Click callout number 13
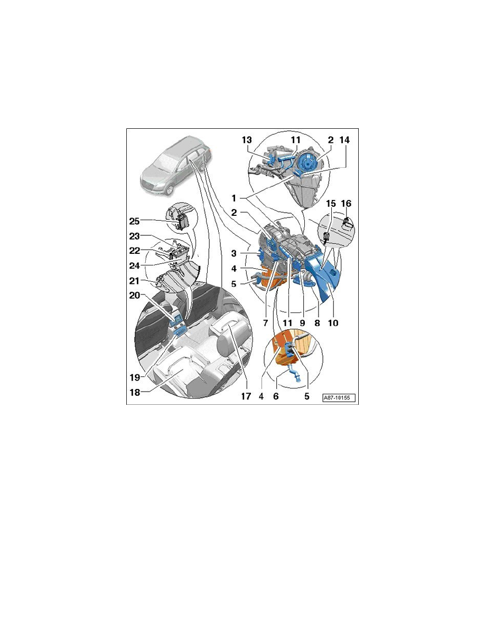(x=247, y=140)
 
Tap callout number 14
(x=344, y=140)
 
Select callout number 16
(x=346, y=204)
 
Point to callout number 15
(x=331, y=204)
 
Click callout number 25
(x=134, y=221)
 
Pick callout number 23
(x=134, y=236)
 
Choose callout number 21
(x=134, y=281)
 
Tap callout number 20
(x=134, y=295)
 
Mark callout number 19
(x=134, y=377)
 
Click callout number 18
(x=135, y=392)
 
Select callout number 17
(x=246, y=396)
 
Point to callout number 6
(x=276, y=396)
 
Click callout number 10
(x=333, y=322)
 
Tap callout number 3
(x=234, y=253)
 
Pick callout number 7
(x=266, y=322)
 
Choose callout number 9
(x=303, y=322)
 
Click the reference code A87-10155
(x=339, y=398)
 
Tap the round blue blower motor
(x=308, y=163)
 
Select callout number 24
(x=134, y=265)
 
